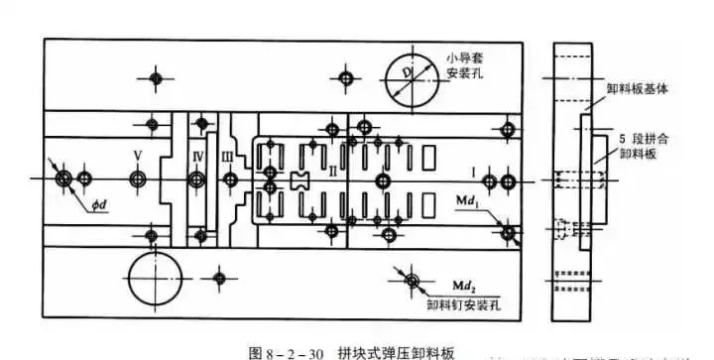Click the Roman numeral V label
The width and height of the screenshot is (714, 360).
click(138, 156)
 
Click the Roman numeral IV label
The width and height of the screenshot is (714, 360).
click(197, 156)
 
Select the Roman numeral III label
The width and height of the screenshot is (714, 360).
click(228, 156)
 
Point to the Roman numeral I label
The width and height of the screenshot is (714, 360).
click(474, 173)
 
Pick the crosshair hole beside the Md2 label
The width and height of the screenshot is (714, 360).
click(410, 282)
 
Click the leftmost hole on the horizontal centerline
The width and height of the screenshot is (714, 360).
click(64, 179)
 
